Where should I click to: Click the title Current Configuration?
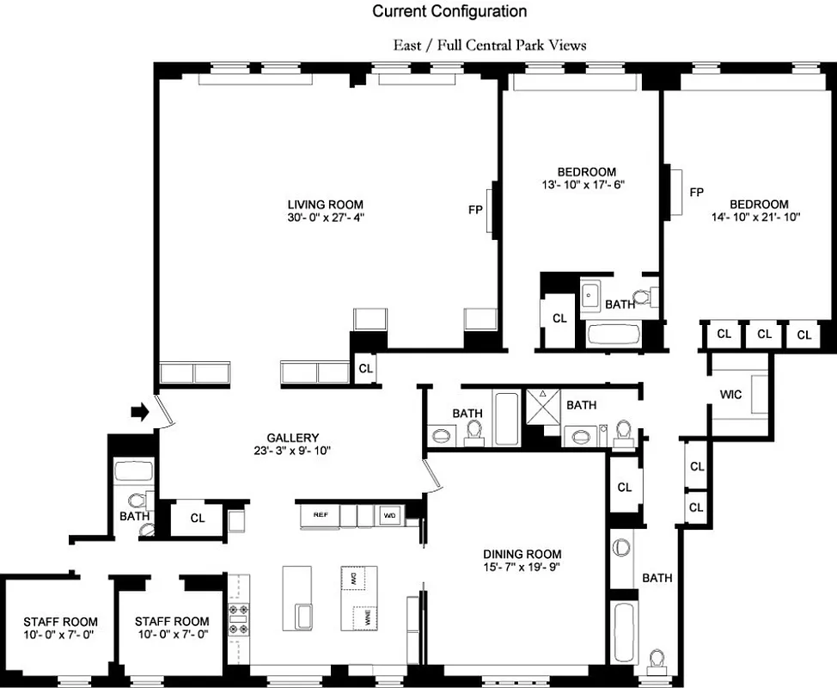pyautogui.click(x=449, y=11)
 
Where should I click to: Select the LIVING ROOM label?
pyautogui.click(x=325, y=204)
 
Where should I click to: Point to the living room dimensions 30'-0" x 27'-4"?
pyautogui.click(x=325, y=218)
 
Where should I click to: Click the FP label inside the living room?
pyautogui.click(x=474, y=209)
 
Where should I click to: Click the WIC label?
pyautogui.click(x=730, y=395)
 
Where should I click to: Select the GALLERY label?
pyautogui.click(x=292, y=437)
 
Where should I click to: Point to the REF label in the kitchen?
pyautogui.click(x=320, y=515)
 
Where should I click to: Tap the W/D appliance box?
pyautogui.click(x=389, y=515)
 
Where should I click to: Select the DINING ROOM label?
pyautogui.click(x=522, y=554)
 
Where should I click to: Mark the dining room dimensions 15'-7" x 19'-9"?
pyautogui.click(x=522, y=567)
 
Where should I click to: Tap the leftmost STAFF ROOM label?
pyautogui.click(x=60, y=621)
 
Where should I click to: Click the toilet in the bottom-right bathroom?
pyautogui.click(x=658, y=661)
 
